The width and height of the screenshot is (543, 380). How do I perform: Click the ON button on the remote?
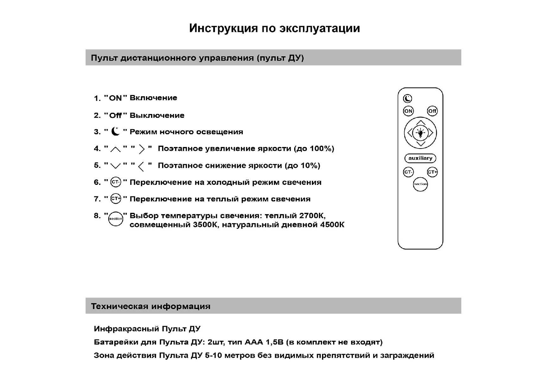(x=408, y=111)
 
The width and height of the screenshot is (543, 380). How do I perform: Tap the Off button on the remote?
(x=432, y=111)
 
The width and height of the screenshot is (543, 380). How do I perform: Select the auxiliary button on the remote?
(x=420, y=158)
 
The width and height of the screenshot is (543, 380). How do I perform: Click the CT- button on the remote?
(x=408, y=172)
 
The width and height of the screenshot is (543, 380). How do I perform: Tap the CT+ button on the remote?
(x=432, y=172)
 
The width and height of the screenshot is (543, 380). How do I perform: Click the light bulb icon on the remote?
(x=420, y=133)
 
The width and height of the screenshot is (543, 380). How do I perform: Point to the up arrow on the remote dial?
(x=420, y=122)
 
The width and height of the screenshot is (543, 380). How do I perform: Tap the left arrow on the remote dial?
(x=410, y=133)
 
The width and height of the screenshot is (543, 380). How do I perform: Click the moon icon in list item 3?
(x=116, y=131)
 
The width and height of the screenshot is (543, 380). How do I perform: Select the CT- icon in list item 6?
(x=116, y=182)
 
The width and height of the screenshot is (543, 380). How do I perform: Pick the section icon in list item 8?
(x=116, y=219)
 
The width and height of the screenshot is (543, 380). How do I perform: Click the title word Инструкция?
(x=223, y=28)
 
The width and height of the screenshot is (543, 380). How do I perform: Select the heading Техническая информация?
(x=151, y=306)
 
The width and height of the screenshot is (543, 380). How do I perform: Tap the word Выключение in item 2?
(x=157, y=115)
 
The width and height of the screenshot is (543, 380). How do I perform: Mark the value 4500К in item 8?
(x=332, y=225)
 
